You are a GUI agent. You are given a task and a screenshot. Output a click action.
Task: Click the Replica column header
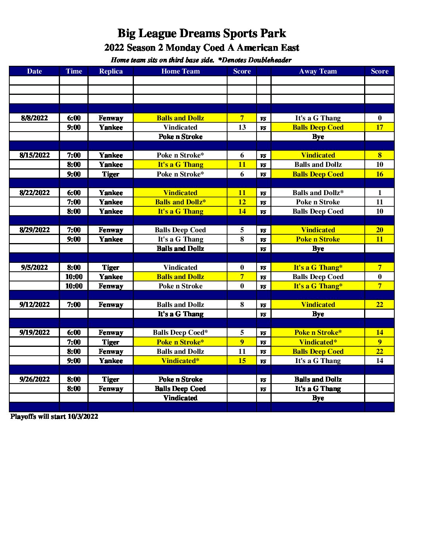[111, 71]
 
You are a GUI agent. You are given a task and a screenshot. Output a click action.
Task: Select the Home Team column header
[180, 71]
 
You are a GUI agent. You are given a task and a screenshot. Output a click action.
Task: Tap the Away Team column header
[318, 71]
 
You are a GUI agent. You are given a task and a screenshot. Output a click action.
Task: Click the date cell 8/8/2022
[34, 118]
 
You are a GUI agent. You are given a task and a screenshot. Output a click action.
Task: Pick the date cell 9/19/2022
[34, 332]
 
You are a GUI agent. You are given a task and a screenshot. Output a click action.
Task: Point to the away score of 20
[379, 230]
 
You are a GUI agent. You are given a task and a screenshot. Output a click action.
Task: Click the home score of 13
[242, 127]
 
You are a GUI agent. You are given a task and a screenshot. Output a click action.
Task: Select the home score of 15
[242, 361]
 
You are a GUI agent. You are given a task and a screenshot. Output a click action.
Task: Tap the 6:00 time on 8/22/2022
[74, 193]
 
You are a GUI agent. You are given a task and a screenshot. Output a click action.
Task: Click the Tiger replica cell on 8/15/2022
[111, 174]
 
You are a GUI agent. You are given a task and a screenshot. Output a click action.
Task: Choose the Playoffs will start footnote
[54, 416]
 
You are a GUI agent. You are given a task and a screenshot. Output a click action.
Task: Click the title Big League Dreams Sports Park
[202, 33]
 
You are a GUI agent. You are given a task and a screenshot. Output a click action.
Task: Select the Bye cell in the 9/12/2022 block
[318, 314]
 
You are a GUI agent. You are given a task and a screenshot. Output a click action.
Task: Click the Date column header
[34, 71]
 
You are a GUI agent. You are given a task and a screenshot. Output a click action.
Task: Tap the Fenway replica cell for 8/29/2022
[111, 230]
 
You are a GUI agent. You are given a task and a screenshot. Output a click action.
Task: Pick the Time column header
[74, 71]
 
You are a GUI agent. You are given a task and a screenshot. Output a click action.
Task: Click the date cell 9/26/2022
[34, 379]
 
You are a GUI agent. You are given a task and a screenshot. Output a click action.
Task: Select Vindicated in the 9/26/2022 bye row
[180, 398]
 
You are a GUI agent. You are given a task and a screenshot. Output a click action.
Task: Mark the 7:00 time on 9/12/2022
[74, 305]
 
